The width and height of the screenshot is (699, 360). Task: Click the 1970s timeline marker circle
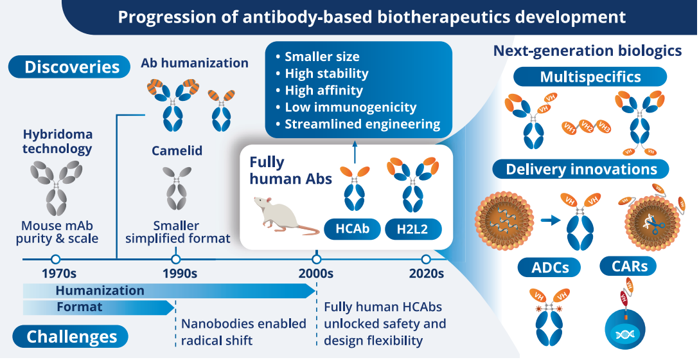[55, 259]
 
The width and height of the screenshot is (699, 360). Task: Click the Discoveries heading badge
[72, 67]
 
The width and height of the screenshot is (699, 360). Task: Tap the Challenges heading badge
[72, 336]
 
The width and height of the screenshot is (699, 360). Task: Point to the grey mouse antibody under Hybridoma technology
[57, 187]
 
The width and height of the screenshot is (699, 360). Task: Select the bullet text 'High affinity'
[323, 90]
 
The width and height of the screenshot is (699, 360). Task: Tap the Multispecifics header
[590, 77]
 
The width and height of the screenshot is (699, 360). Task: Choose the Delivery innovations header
[581, 169]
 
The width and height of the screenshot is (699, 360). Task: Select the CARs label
[629, 265]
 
